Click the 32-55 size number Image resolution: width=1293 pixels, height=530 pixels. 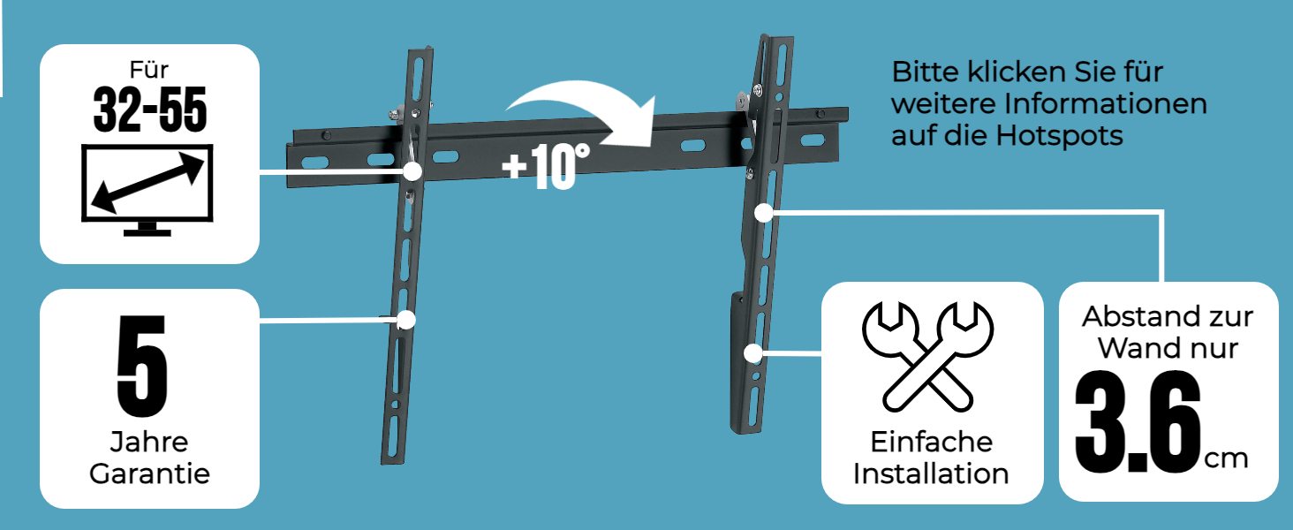pyautogui.click(x=149, y=110)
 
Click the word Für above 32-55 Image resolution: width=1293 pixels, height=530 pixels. pyautogui.click(x=149, y=70)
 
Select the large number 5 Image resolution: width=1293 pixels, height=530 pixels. pyautogui.click(x=142, y=366)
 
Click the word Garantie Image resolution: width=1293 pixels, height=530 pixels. pyautogui.click(x=149, y=474)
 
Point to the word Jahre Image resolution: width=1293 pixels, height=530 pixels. pyautogui.click(x=149, y=443)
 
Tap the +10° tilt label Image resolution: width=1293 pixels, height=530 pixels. pyautogui.click(x=546, y=167)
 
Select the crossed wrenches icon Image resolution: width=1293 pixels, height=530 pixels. pyautogui.click(x=927, y=356)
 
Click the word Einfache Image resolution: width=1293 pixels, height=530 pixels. pyautogui.click(x=932, y=443)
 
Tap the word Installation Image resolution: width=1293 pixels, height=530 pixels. pyautogui.click(x=931, y=474)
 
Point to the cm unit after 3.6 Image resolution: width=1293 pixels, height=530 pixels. pyautogui.click(x=1227, y=459)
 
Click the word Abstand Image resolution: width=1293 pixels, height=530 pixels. pyautogui.click(x=1130, y=317)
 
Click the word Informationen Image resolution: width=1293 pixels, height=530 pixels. pyautogui.click(x=1106, y=104)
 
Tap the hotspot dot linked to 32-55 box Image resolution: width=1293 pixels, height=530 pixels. pyautogui.click(x=412, y=171)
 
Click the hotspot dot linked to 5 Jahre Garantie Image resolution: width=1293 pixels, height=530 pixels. pyautogui.click(x=406, y=320)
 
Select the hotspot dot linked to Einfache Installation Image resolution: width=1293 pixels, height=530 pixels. pyautogui.click(x=753, y=353)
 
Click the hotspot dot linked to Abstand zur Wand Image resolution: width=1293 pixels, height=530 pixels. pyautogui.click(x=764, y=213)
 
